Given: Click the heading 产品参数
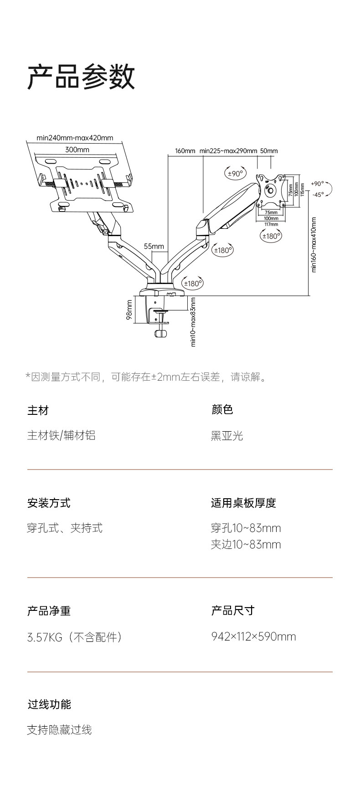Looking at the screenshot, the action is (81, 77).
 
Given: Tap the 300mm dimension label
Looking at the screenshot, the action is (77, 150).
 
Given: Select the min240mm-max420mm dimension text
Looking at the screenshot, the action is (75, 138).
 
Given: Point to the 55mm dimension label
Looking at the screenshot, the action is (154, 247).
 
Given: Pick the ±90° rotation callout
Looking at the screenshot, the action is (236, 173).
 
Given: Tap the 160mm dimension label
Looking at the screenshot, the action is (185, 151).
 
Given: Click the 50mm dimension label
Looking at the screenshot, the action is (269, 151).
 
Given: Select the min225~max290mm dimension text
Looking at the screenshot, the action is (228, 151).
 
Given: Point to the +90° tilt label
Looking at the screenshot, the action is (317, 184).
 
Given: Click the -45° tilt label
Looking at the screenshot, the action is (318, 195).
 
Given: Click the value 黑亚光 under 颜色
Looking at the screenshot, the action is (227, 436).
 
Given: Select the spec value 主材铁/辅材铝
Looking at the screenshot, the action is (61, 435).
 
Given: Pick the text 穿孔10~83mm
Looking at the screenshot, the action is (246, 528).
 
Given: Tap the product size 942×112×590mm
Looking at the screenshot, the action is (253, 636).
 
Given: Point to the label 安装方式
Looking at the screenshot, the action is (49, 503).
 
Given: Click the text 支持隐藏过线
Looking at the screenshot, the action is (59, 730).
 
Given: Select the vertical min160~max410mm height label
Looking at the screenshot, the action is (314, 245).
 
